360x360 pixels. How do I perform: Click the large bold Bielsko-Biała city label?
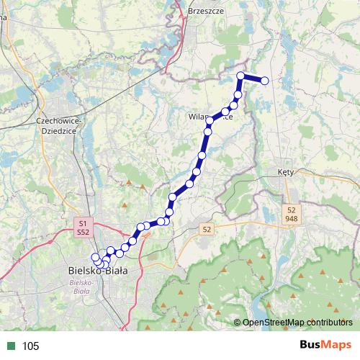tap(96, 271)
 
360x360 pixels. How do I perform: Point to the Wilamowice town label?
tap(210, 116)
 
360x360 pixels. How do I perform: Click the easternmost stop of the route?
tap(264, 81)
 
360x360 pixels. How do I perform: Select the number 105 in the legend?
tap(31, 346)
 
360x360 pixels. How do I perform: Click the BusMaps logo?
tap(325, 345)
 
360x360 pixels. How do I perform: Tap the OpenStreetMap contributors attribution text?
tap(297, 323)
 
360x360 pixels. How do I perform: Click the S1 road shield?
tap(84, 223)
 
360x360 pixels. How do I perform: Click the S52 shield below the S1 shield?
tap(84, 233)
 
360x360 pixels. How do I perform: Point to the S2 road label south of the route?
tap(207, 229)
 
